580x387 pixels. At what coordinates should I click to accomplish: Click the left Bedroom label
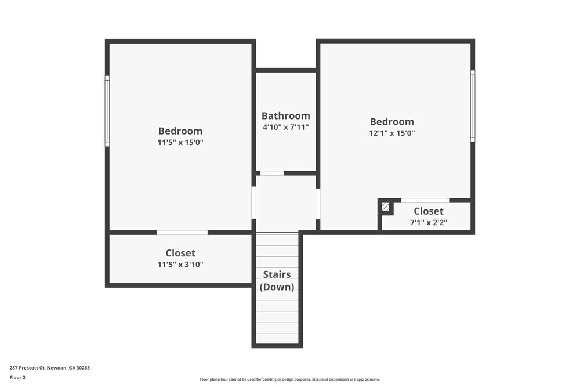point(180,131)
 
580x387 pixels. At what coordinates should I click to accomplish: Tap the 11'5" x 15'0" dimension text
point(180,142)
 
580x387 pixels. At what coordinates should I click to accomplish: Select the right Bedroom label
point(392,122)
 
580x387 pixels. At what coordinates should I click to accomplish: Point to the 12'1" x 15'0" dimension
point(392,133)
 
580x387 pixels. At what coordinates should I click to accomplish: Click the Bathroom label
point(285,115)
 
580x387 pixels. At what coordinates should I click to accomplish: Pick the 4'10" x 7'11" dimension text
point(285,126)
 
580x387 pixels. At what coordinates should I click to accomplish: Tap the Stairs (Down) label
point(277,281)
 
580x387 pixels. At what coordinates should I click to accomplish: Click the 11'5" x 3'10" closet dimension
point(180,265)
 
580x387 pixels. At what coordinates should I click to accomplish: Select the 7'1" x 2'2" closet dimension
point(429,222)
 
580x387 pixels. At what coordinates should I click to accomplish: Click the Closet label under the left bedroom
point(180,253)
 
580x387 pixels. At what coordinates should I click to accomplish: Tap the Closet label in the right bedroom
point(429,211)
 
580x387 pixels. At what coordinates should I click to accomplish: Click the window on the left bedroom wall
point(107,110)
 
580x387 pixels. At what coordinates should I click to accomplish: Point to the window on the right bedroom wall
point(473,106)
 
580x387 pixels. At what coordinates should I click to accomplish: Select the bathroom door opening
point(271,173)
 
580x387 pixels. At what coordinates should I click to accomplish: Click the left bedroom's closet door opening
point(182,233)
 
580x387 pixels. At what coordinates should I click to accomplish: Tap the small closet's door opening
point(425,201)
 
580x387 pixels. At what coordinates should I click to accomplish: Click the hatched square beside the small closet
point(386,207)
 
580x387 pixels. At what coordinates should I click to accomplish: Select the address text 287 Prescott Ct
point(49,368)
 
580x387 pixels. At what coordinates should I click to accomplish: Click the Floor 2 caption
point(18,377)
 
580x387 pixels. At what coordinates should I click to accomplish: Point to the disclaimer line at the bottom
point(290,379)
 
